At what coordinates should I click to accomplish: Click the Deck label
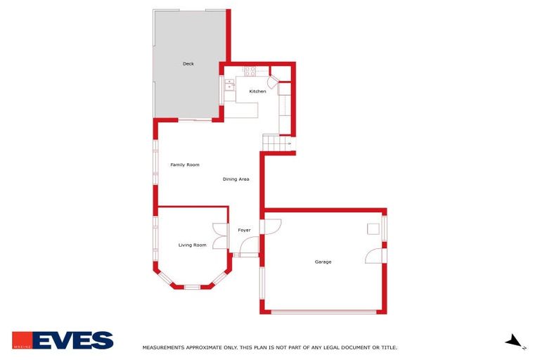188,64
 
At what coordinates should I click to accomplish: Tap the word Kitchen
257,91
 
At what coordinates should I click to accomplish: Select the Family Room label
185,165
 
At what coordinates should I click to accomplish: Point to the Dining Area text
236,179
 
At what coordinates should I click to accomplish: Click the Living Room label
192,245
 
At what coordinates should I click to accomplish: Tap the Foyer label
244,230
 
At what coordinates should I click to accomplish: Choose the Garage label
323,262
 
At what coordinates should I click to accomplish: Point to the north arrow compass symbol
515,341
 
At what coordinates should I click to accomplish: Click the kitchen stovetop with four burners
250,70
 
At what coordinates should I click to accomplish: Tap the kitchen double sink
230,85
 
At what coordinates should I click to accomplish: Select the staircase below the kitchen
277,143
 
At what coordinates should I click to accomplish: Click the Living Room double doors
219,236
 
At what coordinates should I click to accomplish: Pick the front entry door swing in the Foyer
248,246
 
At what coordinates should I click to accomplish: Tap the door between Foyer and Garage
271,226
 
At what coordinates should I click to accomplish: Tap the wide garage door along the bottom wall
323,311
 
